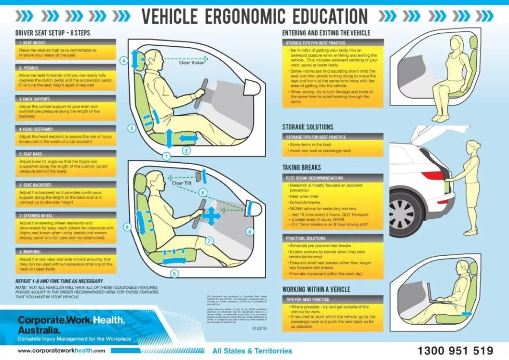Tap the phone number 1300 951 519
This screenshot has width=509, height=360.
pos(455,350)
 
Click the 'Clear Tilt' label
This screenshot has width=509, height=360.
pos(181,183)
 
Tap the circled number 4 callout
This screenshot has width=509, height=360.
pos(123,60)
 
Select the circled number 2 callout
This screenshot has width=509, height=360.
pos(186,151)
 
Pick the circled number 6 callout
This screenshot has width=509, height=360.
pos(127,226)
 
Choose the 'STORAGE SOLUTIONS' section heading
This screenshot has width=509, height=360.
pos(307,127)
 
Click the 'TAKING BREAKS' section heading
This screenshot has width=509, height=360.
pos(301,168)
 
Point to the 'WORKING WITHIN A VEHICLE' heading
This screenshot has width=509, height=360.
pos(316,289)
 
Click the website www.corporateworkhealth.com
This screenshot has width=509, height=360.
pos(61,351)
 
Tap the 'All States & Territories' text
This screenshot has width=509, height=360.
pos(252,351)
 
